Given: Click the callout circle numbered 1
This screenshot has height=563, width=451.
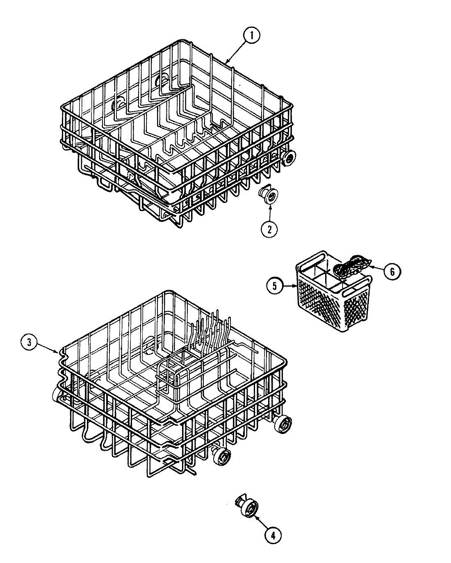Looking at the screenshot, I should pyautogui.click(x=251, y=36).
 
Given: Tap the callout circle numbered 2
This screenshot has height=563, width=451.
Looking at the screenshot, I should pyautogui.click(x=269, y=229).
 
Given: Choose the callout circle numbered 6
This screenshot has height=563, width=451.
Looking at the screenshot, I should pyautogui.click(x=392, y=271).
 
